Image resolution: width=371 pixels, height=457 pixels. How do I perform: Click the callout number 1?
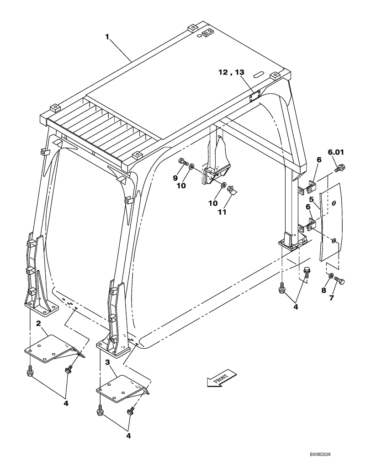tap(107, 37)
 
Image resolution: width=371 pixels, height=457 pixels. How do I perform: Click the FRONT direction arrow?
tap(222, 377)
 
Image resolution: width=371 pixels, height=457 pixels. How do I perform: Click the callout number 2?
tap(39, 324)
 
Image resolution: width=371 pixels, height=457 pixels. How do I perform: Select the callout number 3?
tap(107, 362)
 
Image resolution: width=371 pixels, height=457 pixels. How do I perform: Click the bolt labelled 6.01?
tap(339, 169)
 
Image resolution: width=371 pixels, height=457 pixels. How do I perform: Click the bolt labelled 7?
tap(339, 280)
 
